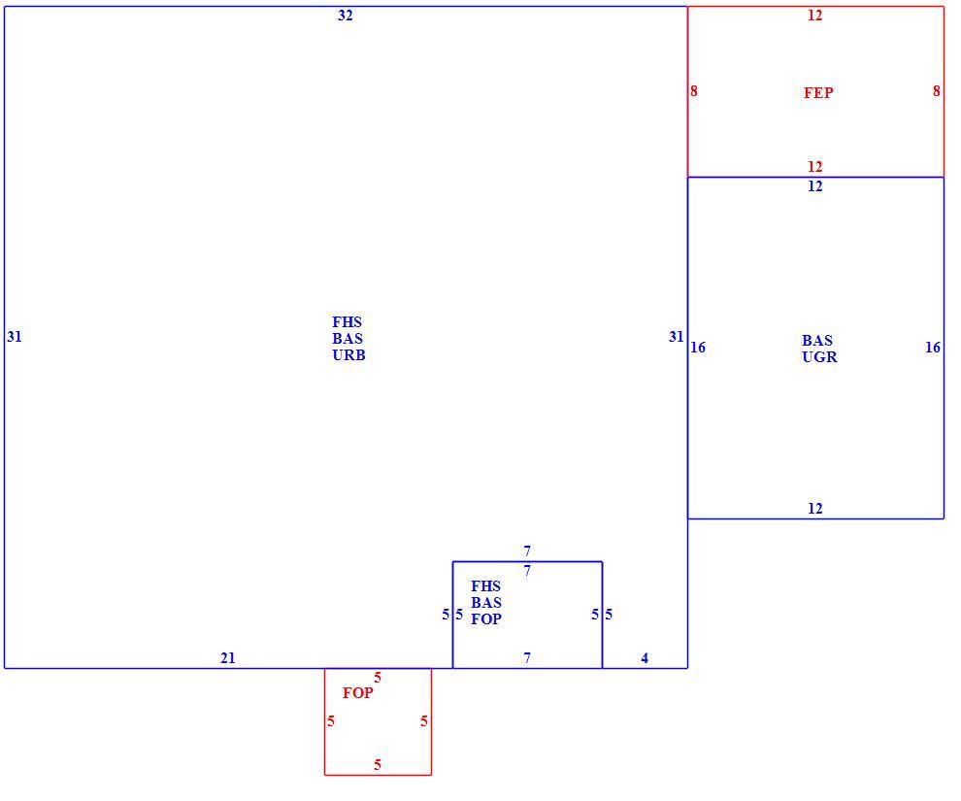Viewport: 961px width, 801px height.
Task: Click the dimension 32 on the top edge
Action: point(345,16)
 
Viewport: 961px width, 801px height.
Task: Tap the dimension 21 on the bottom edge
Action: point(227,658)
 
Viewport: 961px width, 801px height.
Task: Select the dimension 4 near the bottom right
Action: point(645,658)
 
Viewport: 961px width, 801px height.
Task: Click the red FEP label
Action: point(818,92)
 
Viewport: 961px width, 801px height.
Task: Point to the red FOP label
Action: point(357,692)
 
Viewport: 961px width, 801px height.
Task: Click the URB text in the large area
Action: point(348,354)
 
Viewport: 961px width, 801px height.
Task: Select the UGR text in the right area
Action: point(819,356)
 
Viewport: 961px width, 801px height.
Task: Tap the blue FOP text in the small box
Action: point(486,619)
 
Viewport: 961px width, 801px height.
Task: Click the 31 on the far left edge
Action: point(15,337)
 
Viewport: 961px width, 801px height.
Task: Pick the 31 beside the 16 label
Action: point(676,337)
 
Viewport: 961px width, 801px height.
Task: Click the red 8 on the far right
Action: point(937,90)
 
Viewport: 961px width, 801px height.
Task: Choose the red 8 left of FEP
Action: point(694,90)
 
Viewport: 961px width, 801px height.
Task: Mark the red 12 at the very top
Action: point(814,16)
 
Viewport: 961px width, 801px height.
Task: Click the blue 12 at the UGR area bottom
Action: point(814,508)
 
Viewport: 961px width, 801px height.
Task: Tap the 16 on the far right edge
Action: point(933,348)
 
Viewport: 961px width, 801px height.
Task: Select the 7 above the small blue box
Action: point(527,551)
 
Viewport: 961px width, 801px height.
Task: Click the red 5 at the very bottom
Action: point(378,765)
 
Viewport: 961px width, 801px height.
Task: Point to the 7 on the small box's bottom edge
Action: point(527,658)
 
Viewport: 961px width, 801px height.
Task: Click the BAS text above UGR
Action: point(817,340)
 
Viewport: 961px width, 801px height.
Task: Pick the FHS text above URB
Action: point(347,321)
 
